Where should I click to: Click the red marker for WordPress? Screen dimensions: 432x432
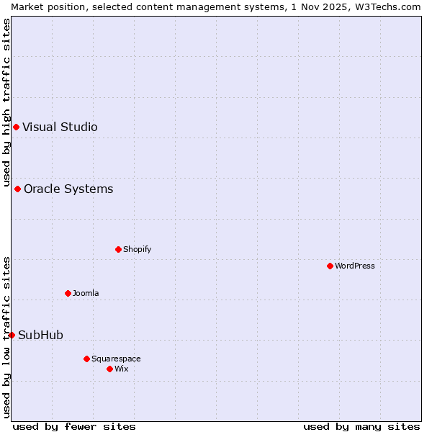point(330,266)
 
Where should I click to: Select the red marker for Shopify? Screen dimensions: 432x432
point(118,250)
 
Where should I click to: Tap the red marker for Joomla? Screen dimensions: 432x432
point(68,293)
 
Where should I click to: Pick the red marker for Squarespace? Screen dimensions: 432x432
point(86,359)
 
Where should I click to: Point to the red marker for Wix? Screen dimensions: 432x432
point(109,369)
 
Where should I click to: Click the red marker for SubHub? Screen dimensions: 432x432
point(12,335)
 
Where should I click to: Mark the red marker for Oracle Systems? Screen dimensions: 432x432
point(17,189)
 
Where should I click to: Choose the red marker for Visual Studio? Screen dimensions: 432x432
point(16,127)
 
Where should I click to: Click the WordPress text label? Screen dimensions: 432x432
point(355,266)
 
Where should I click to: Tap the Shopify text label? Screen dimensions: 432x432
point(138,250)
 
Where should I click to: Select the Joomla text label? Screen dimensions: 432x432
point(86,293)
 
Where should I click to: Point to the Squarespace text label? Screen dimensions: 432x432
point(116,359)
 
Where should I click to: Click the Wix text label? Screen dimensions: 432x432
point(122,369)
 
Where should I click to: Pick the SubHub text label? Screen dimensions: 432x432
point(41,335)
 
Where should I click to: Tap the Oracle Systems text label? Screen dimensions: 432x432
point(68,189)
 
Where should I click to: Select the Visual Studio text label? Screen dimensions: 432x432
point(60,127)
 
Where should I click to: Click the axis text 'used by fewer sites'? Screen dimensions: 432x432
point(74,426)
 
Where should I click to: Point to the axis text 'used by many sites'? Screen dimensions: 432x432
point(361,426)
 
